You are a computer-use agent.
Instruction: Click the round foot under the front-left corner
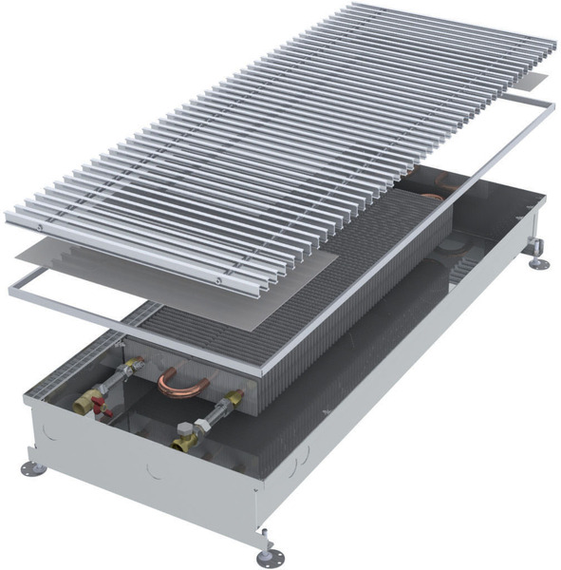tap(34, 468)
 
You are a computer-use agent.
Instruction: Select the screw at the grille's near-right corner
tap(221, 281)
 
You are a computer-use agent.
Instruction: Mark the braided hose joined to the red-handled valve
tap(117, 375)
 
